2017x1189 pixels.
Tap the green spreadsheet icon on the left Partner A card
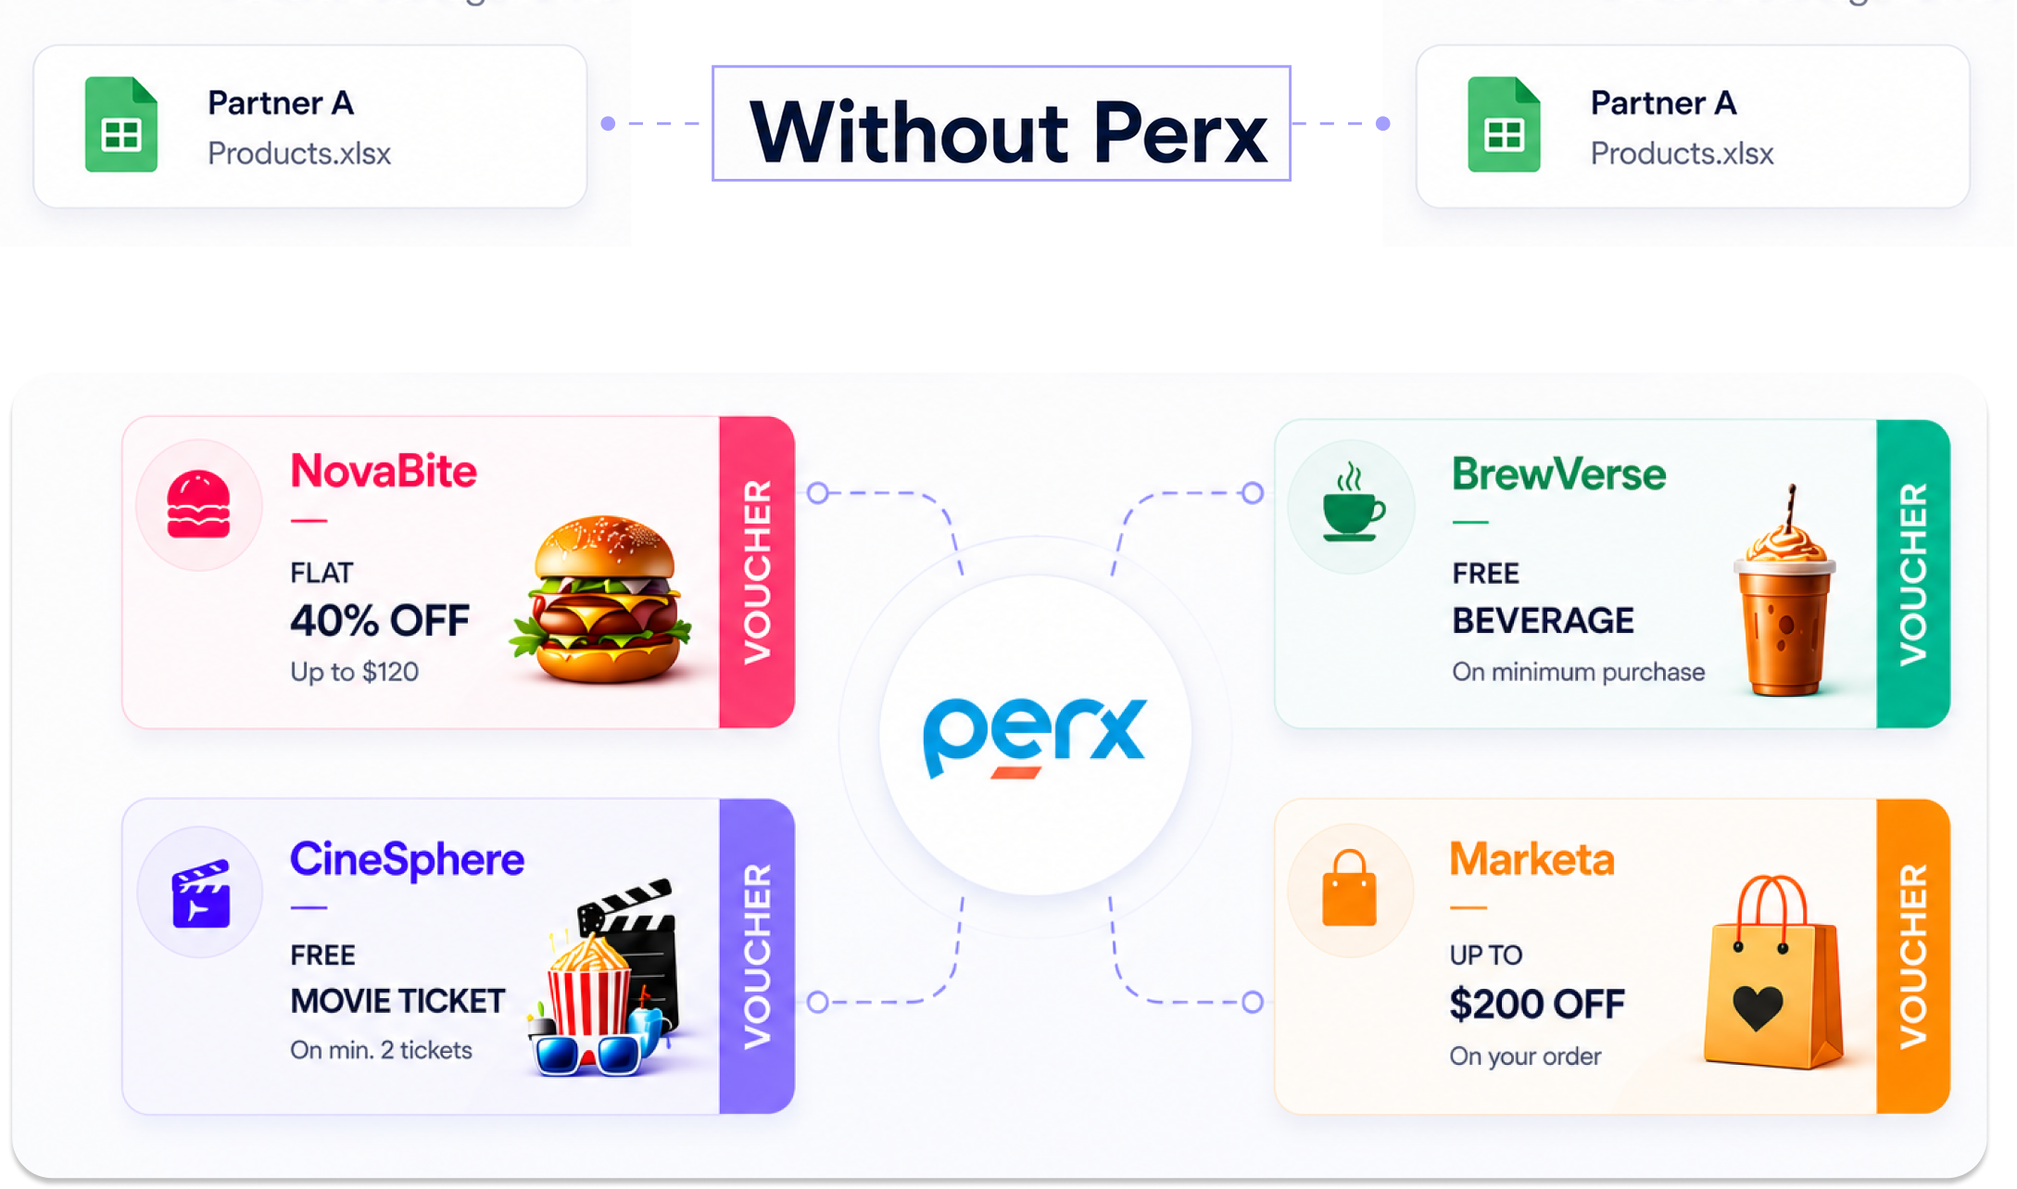click(x=121, y=124)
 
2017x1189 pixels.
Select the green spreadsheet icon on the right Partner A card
click(x=1504, y=124)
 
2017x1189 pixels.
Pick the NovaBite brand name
click(x=384, y=471)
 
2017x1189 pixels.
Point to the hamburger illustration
click(x=603, y=599)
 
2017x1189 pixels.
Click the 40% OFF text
click(x=380, y=620)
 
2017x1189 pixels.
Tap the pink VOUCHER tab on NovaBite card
click(x=757, y=572)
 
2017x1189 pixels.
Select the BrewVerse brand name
click(x=1558, y=474)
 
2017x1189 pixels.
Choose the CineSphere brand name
click(x=407, y=859)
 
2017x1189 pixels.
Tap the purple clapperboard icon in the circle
click(x=201, y=893)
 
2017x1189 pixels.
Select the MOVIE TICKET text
click(x=397, y=1001)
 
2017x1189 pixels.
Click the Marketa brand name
click(x=1532, y=859)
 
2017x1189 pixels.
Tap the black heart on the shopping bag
click(x=1758, y=1008)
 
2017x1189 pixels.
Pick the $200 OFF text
click(x=1537, y=1004)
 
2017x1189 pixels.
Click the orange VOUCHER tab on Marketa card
click(x=1913, y=956)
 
